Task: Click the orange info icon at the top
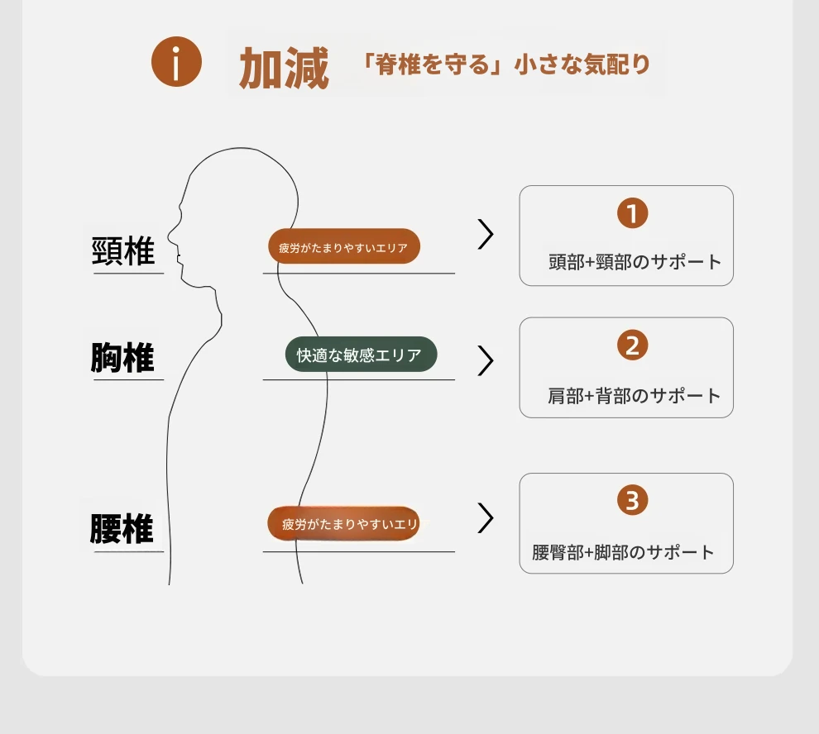click(x=176, y=62)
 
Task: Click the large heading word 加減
click(x=284, y=67)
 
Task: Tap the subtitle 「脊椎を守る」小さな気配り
click(x=505, y=64)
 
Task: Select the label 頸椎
click(x=123, y=250)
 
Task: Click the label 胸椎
click(x=122, y=358)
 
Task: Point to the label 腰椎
click(x=122, y=528)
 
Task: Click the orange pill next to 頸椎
click(x=343, y=246)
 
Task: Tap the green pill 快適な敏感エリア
click(x=361, y=355)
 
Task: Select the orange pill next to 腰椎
click(x=343, y=523)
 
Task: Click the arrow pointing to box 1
click(x=486, y=234)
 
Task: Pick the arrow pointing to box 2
click(x=486, y=360)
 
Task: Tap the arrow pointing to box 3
click(x=486, y=518)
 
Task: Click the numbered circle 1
click(x=633, y=213)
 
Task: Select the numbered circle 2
click(x=633, y=345)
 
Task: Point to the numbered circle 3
click(x=633, y=500)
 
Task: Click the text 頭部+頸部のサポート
click(x=635, y=261)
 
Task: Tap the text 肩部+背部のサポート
click(x=634, y=396)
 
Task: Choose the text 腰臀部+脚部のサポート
click(x=623, y=552)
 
